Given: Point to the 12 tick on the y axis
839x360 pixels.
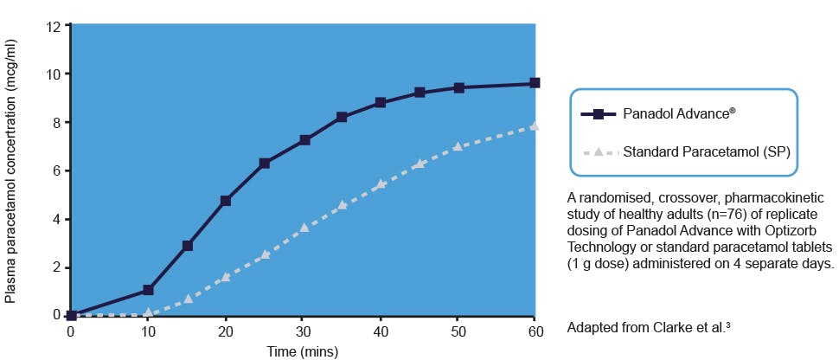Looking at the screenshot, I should (53, 26).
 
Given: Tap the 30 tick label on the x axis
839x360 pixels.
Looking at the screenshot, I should (303, 331).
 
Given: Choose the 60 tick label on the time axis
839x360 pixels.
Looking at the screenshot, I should (535, 331).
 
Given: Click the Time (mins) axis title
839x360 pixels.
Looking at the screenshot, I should (302, 350).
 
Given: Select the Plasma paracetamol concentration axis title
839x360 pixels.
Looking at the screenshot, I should (11, 170).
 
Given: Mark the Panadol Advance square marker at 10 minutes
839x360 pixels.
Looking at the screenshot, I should (148, 290).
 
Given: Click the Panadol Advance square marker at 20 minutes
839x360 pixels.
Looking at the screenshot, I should (226, 201).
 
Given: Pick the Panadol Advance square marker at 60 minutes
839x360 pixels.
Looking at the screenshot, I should (535, 83).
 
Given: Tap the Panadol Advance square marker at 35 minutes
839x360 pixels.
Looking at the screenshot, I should (342, 117).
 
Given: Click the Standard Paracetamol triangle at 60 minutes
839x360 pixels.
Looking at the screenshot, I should (535, 126).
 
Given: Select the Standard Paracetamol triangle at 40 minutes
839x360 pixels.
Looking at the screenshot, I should (381, 184).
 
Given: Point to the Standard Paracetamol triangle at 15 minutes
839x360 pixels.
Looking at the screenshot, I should (187, 299).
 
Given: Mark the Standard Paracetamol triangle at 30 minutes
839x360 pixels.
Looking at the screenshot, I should (304, 228).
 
